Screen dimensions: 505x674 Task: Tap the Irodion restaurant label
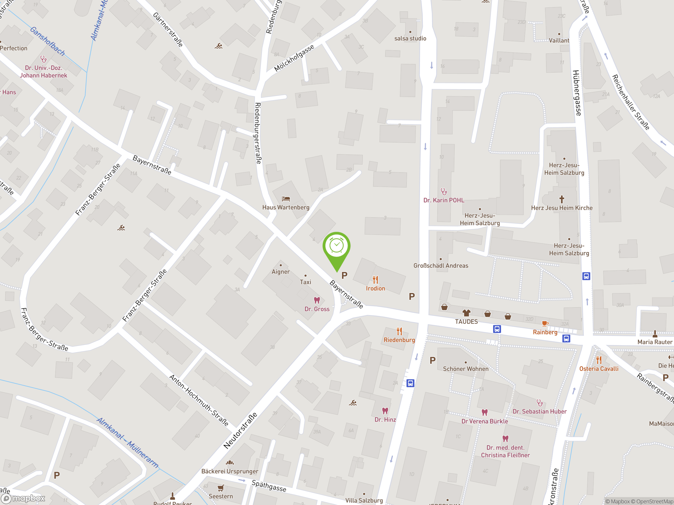tap(375, 288)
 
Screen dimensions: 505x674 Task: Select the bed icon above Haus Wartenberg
tap(286, 199)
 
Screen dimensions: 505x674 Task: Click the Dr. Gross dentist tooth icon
tap(317, 300)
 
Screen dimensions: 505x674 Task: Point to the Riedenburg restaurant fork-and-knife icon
tap(399, 331)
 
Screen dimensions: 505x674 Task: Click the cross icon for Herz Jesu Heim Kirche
tap(562, 199)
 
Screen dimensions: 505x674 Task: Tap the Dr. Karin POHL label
tap(444, 200)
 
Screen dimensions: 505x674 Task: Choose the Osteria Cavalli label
tap(599, 369)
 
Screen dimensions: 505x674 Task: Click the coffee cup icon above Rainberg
tap(545, 324)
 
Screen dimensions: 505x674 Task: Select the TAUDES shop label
tap(466, 322)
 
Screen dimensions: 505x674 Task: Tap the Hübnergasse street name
tap(577, 93)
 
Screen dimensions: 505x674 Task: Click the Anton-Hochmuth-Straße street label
tap(199, 400)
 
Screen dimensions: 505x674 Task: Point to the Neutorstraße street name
tap(240, 431)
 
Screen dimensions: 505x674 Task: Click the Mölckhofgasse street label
tap(294, 58)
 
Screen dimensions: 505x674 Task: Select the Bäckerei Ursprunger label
tap(230, 471)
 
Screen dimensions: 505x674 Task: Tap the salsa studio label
tap(410, 38)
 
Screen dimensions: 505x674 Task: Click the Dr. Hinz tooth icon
tap(385, 411)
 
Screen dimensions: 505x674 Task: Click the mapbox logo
tap(23, 498)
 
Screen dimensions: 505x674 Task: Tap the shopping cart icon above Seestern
tap(221, 488)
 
